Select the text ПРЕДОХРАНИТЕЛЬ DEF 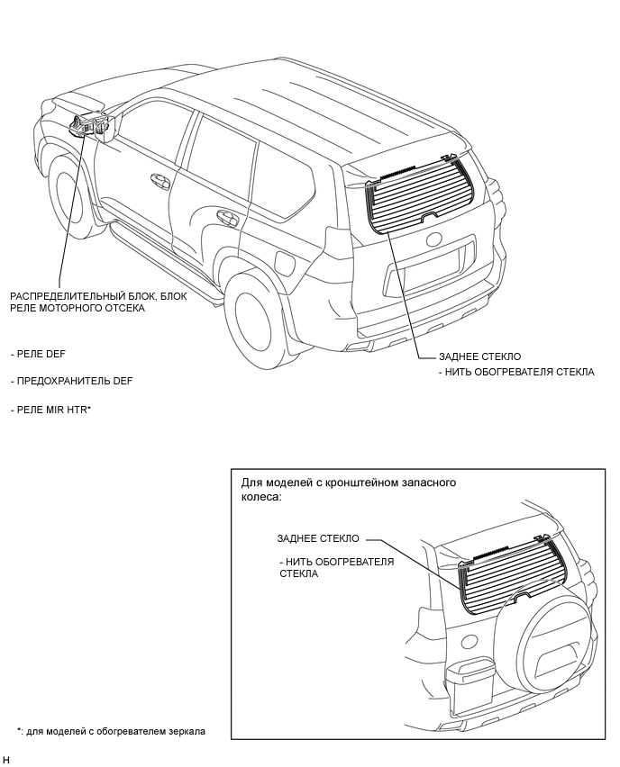(71, 381)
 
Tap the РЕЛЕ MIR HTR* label (51, 410)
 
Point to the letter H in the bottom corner (6, 760)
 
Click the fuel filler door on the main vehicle (282, 264)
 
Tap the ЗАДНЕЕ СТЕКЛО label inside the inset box (318, 538)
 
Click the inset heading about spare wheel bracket (343, 489)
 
